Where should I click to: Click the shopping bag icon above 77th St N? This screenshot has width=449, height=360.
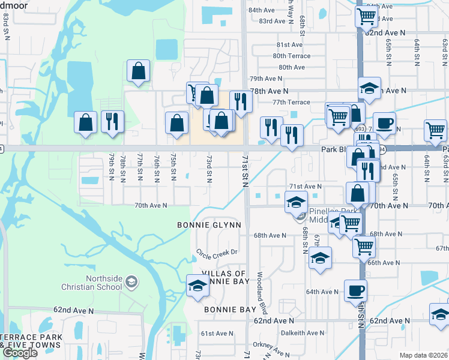pyautogui.click(x=139, y=71)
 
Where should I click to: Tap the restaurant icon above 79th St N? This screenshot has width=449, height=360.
pyautogui.click(x=112, y=121)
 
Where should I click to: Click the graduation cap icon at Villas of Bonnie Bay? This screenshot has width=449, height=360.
pyautogui.click(x=197, y=285)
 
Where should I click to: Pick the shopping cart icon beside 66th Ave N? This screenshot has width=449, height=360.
pyautogui.click(x=364, y=245)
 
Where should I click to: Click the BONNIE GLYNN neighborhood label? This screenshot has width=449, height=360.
pyautogui.click(x=209, y=225)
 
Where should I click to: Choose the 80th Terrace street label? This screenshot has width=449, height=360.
pyautogui.click(x=292, y=56)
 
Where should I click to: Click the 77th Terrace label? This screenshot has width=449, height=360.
pyautogui.click(x=291, y=103)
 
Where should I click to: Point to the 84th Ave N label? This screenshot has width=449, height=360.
pyautogui.click(x=261, y=10)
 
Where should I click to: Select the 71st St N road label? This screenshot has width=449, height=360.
pyautogui.click(x=246, y=170)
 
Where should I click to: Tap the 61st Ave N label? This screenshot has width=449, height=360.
pyautogui.click(x=217, y=334)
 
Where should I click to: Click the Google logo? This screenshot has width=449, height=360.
pyautogui.click(x=20, y=353)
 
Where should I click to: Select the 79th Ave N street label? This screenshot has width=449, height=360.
pyautogui.click(x=266, y=79)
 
